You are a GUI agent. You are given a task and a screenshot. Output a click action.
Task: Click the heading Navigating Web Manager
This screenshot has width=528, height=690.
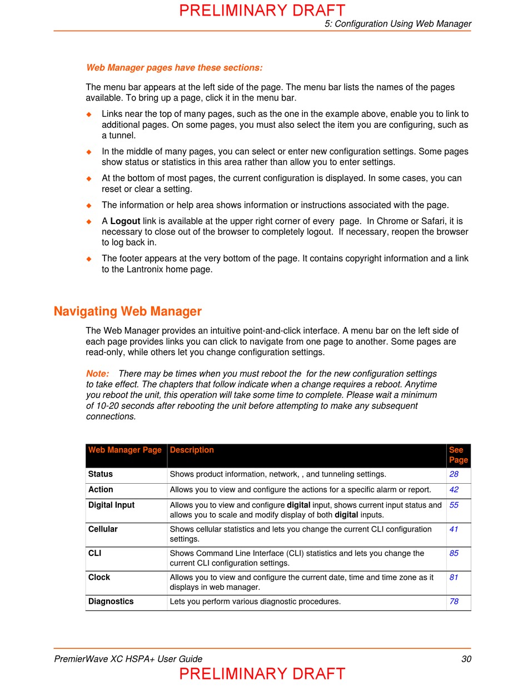[127, 311]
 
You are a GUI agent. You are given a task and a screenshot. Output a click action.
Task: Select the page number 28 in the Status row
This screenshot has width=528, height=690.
[454, 474]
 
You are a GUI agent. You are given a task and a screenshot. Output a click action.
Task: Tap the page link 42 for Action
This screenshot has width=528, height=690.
[454, 490]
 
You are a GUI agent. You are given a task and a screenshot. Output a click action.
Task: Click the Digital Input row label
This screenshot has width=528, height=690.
[111, 505]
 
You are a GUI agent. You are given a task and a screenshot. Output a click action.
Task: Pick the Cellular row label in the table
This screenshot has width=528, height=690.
[103, 529]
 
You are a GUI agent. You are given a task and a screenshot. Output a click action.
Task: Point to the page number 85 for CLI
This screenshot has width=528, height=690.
[454, 553]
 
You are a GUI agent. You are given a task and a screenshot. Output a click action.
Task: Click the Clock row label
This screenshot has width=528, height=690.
[99, 577]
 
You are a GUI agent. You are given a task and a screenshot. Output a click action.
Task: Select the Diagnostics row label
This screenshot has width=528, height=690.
[111, 602]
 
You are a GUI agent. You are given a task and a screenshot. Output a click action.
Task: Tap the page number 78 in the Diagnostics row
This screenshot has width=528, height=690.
[454, 602]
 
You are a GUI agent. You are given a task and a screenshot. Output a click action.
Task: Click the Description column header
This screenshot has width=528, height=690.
[192, 450]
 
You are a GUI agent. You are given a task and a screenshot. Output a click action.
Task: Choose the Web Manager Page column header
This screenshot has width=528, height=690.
[125, 450]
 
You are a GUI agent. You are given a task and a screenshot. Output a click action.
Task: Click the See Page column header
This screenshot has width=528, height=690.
[458, 455]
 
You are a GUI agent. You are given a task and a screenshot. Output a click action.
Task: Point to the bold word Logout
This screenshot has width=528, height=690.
[125, 221]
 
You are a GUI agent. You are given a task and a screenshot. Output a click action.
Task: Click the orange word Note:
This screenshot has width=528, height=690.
[97, 374]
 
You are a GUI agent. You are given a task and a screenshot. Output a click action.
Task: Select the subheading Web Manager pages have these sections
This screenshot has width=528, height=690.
[174, 68]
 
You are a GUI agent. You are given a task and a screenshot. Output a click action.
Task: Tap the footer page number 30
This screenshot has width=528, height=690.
[466, 659]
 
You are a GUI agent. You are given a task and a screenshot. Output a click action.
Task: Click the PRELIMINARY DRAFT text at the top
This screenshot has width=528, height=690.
[262, 11]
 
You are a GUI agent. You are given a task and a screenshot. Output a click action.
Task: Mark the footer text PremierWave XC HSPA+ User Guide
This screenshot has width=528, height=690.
[128, 659]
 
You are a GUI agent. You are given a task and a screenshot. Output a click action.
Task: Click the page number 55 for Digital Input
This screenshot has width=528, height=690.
[454, 505]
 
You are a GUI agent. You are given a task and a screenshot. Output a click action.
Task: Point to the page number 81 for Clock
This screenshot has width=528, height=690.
[454, 577]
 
